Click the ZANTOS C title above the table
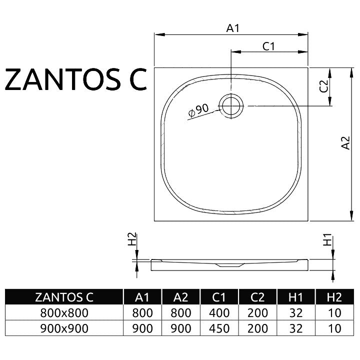(x=76, y=79)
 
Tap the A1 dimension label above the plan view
(x=233, y=28)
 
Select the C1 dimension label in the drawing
(x=268, y=46)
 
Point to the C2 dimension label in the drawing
(x=323, y=86)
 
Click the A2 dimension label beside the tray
(x=345, y=143)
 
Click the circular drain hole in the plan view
(x=231, y=106)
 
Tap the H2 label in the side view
(x=132, y=239)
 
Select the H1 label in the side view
(x=327, y=239)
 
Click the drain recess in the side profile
(x=229, y=265)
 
